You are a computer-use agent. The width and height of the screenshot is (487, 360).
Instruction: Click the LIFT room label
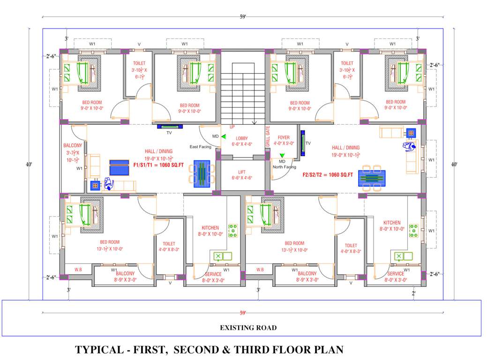pyautogui.click(x=242, y=172)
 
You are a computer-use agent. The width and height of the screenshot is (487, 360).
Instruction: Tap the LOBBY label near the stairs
pyautogui.click(x=242, y=138)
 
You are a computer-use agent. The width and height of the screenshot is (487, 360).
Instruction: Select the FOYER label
pyautogui.click(x=284, y=138)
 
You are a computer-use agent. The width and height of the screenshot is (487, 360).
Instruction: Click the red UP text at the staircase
pyautogui.click(x=232, y=127)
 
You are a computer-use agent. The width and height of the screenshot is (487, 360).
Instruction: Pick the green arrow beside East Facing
pyautogui.click(x=224, y=137)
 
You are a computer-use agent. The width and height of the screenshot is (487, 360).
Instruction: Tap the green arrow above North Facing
pyautogui.click(x=282, y=155)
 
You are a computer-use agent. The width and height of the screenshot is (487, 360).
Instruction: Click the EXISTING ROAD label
pyautogui.click(x=248, y=328)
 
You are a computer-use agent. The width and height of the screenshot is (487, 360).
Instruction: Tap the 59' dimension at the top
pyautogui.click(x=243, y=17)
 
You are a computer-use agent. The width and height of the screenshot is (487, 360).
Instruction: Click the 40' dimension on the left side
pyautogui.click(x=29, y=165)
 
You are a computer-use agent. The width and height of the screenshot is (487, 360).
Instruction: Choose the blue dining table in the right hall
pyautogui.click(x=372, y=179)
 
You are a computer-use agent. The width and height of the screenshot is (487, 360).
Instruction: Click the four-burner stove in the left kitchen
pyautogui.click(x=232, y=230)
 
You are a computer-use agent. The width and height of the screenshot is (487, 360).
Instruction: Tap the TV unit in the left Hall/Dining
pyautogui.click(x=171, y=126)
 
